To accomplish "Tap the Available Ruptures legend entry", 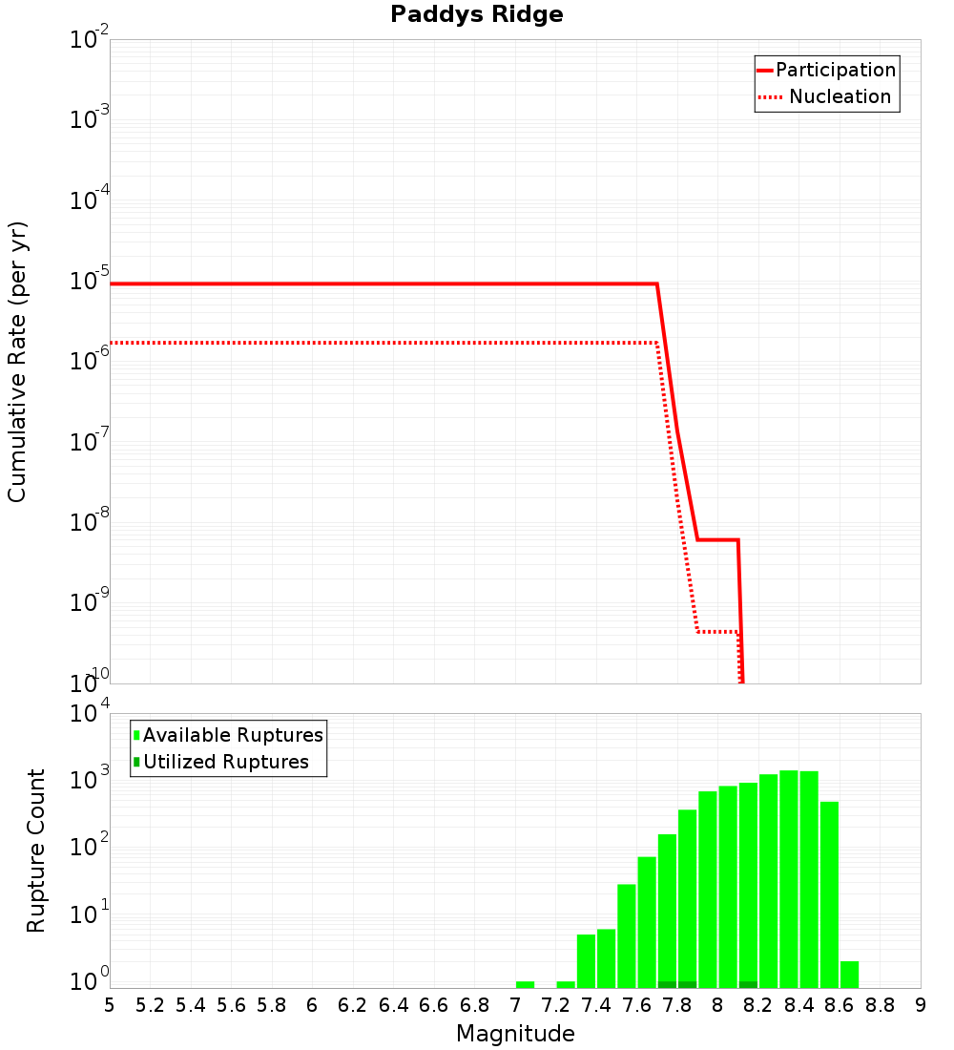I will (x=232, y=735).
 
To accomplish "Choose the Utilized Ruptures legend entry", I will (x=225, y=762).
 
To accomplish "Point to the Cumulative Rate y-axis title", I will (x=17, y=361).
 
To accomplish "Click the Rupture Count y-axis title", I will (x=36, y=850).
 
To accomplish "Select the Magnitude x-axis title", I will (x=515, y=1034).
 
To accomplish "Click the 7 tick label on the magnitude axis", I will (x=515, y=1005).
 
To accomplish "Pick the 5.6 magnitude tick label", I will (x=231, y=1005).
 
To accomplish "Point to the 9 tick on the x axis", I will (x=921, y=1005).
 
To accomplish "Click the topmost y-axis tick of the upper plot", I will (x=90, y=40).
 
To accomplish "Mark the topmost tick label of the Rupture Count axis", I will (x=90, y=713).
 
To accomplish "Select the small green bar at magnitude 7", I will (x=525, y=984).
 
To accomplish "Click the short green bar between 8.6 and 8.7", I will (x=849, y=975).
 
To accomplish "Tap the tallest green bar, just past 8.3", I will (x=789, y=878).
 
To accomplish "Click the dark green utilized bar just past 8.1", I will (x=748, y=984).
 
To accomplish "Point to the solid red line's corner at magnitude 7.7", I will (x=656, y=284).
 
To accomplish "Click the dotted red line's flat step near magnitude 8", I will (x=717, y=632).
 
